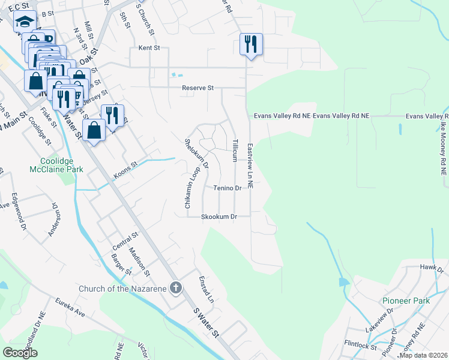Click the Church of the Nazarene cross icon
175,289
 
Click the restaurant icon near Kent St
251,44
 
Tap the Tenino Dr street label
228,188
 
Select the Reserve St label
198,88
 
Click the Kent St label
149,47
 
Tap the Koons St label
126,172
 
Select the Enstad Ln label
209,289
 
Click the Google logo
20,352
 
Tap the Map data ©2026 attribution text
423,355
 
